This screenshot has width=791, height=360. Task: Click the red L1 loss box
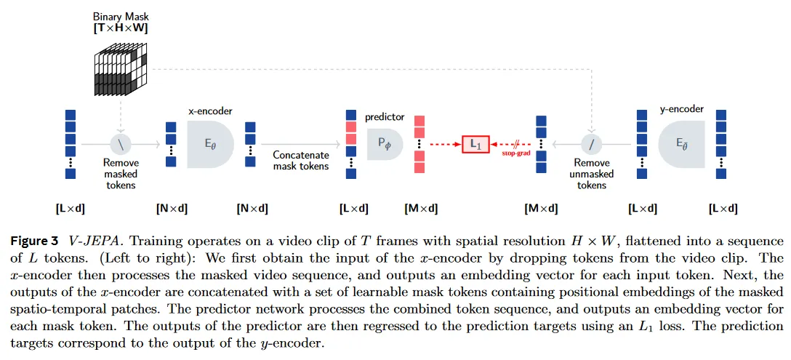point(475,144)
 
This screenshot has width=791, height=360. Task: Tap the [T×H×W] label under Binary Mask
point(120,28)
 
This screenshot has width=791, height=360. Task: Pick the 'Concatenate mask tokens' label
point(300,161)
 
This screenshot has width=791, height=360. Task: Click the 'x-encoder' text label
point(210,111)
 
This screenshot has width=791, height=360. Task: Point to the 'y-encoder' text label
point(681,109)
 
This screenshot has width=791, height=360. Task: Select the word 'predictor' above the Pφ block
point(385,116)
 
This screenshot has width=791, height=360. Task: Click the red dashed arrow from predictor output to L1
point(443,144)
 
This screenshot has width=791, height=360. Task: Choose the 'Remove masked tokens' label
point(120,175)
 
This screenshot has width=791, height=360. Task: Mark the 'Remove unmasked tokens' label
point(593,175)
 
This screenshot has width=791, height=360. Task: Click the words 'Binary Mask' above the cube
point(120,16)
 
